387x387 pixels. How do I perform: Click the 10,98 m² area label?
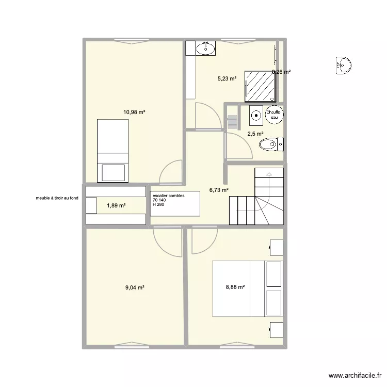pos(134,112)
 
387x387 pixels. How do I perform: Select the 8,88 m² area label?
pos(234,288)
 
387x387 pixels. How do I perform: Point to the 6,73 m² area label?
pos(219,190)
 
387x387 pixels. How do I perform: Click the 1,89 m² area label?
pos(116,205)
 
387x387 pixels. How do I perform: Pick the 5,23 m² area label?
pos(227,79)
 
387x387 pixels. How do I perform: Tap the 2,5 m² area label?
pos(255,134)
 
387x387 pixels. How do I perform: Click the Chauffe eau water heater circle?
pos(273,116)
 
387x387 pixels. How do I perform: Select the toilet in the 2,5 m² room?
pos(271,143)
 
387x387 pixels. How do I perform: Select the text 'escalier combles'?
pos(168,195)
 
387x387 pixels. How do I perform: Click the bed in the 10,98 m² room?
pos(113,151)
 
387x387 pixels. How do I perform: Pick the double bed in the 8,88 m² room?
pos(247,287)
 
